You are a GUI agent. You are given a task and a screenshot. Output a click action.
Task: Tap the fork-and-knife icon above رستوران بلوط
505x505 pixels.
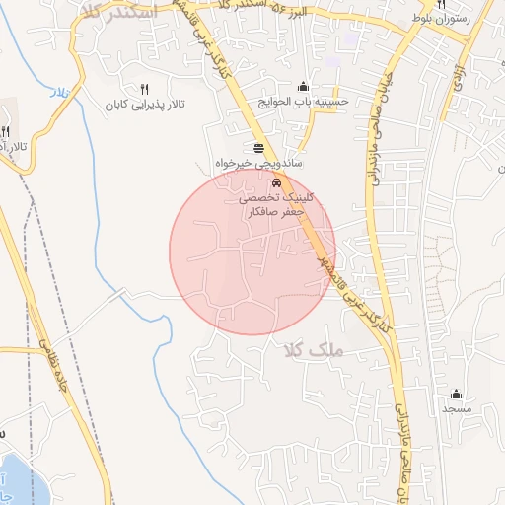pyautogui.click(x=442, y=4)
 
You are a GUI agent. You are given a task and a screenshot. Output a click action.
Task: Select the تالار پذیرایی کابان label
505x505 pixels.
pyautogui.click(x=146, y=103)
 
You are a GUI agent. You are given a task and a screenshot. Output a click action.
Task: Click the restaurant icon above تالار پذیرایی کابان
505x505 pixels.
pyautogui.click(x=146, y=89)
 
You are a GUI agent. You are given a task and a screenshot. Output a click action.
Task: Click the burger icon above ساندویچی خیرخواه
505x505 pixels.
pyautogui.click(x=258, y=147)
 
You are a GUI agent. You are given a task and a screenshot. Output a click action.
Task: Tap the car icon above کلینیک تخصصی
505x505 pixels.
pyautogui.click(x=276, y=183)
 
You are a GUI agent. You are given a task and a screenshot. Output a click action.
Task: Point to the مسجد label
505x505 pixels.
pyautogui.click(x=457, y=407)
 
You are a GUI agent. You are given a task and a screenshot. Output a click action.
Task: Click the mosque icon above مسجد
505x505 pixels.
pyautogui.click(x=456, y=394)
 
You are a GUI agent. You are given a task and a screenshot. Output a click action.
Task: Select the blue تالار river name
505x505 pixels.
pyautogui.click(x=59, y=92)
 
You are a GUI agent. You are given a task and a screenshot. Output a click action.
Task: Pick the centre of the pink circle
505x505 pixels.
pyautogui.click(x=252, y=252)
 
